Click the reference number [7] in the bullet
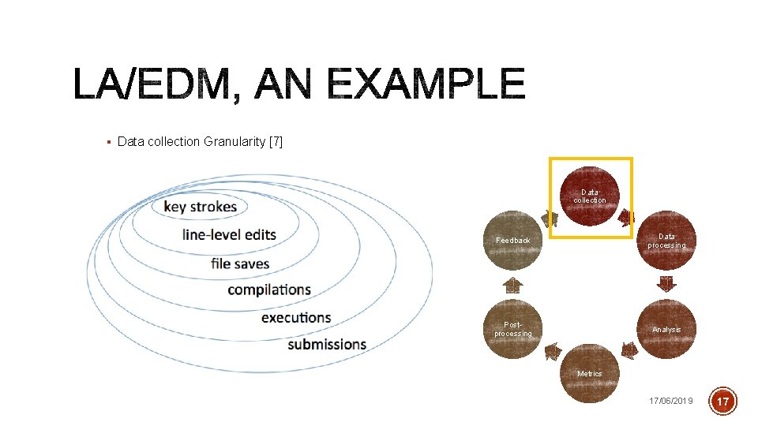pos(276,142)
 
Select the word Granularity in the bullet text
pos(235,142)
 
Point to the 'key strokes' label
pos(200,207)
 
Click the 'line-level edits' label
pos(229,234)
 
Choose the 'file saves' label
pos(240,263)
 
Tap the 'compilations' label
pos(269,290)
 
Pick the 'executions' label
pos(296,317)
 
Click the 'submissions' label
pos(327,345)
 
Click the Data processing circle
pos(667,241)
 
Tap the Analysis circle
pos(667,329)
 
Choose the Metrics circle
pos(590,373)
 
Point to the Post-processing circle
pos(512,329)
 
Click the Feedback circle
pos(512,240)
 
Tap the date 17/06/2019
pos(670,401)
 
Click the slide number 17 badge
pos(725,401)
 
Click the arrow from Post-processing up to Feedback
pos(512,284)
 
